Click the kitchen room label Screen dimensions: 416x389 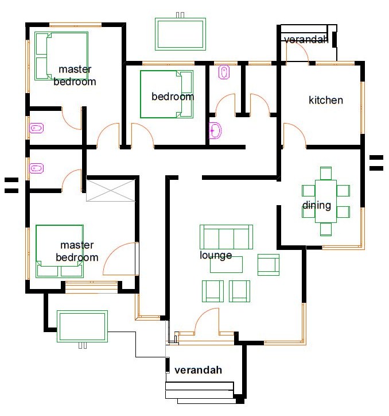[326, 100]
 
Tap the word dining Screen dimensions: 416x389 [317, 205]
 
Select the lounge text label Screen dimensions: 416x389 [216, 255]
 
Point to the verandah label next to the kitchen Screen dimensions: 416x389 [306, 39]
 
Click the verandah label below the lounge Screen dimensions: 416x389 [198, 369]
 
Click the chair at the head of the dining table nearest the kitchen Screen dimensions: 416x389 [326, 172]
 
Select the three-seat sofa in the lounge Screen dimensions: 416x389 [226, 236]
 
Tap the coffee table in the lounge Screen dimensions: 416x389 [226, 264]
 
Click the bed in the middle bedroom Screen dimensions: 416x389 [166, 94]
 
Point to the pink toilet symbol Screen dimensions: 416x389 [224, 72]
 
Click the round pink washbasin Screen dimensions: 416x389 [215, 131]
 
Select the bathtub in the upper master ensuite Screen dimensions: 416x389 [37, 128]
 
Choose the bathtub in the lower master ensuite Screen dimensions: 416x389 [37, 168]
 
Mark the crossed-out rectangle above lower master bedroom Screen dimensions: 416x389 [110, 190]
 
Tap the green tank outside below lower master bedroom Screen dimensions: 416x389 [82, 326]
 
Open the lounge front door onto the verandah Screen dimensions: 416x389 [207, 322]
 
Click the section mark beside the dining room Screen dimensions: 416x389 [376, 163]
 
